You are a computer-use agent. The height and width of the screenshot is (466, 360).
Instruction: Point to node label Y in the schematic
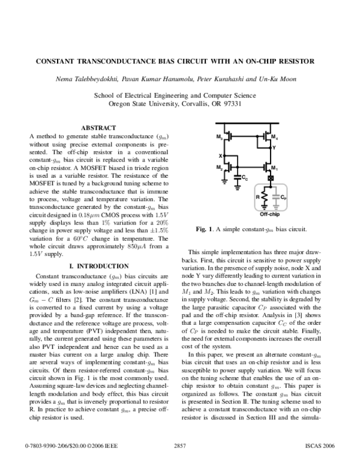[x=275, y=147]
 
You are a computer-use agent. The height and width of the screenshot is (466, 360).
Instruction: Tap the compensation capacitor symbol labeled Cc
[x=238, y=176]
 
